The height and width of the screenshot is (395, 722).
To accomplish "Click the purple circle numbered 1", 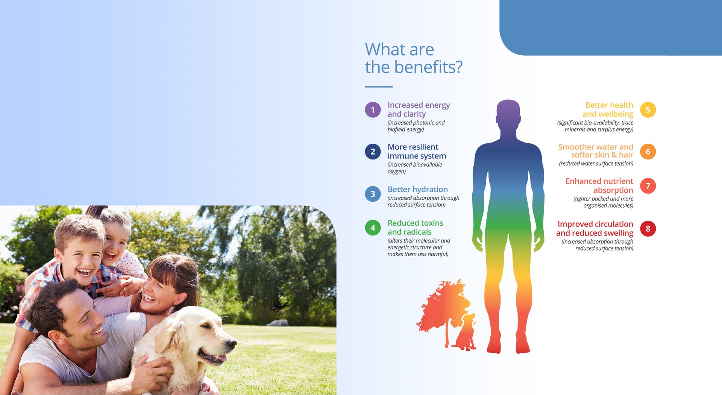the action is (373, 110).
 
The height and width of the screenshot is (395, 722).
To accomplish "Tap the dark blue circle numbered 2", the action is (373, 152).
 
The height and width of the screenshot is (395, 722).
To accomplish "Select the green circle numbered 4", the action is (373, 228).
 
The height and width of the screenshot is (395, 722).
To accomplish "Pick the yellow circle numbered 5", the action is (648, 110).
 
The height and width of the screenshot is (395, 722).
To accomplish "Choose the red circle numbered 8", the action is (648, 229).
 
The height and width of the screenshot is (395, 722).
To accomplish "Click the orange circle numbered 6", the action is (648, 152).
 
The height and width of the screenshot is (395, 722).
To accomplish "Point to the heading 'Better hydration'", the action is (418, 189).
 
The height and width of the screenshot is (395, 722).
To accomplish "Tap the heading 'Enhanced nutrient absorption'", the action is (599, 185).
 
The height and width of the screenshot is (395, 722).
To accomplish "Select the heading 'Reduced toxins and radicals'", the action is (416, 228).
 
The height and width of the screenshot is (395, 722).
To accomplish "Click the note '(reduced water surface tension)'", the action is (596, 164).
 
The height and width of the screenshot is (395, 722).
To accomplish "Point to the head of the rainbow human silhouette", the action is (508, 113).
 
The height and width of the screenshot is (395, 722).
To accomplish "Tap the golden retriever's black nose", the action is (232, 343).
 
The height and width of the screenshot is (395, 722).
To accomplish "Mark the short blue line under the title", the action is (379, 87).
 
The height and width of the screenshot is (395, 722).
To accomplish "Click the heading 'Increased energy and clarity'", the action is (419, 109).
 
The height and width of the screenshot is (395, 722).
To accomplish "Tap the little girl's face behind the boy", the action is (114, 245).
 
